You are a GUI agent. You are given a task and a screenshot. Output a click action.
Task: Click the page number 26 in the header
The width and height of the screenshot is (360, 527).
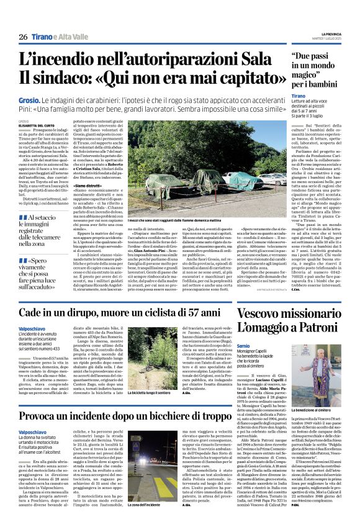coord(23,37)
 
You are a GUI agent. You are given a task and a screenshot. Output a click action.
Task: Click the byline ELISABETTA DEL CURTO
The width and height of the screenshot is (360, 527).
coord(37,125)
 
